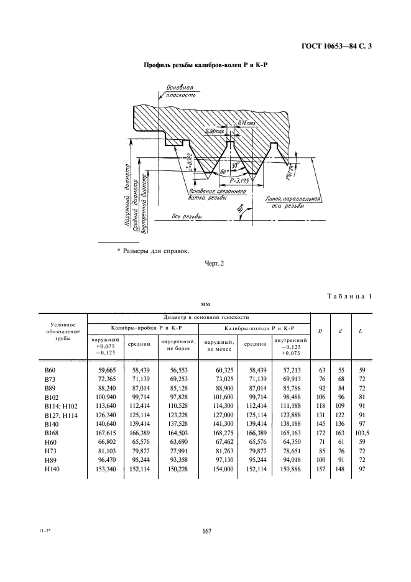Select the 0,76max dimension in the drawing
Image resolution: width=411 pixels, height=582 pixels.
(x=247, y=123)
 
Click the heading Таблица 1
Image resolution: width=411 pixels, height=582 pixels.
(x=349, y=297)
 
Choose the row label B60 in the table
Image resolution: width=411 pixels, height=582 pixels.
(x=50, y=371)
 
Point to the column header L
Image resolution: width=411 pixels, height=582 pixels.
(x=361, y=330)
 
